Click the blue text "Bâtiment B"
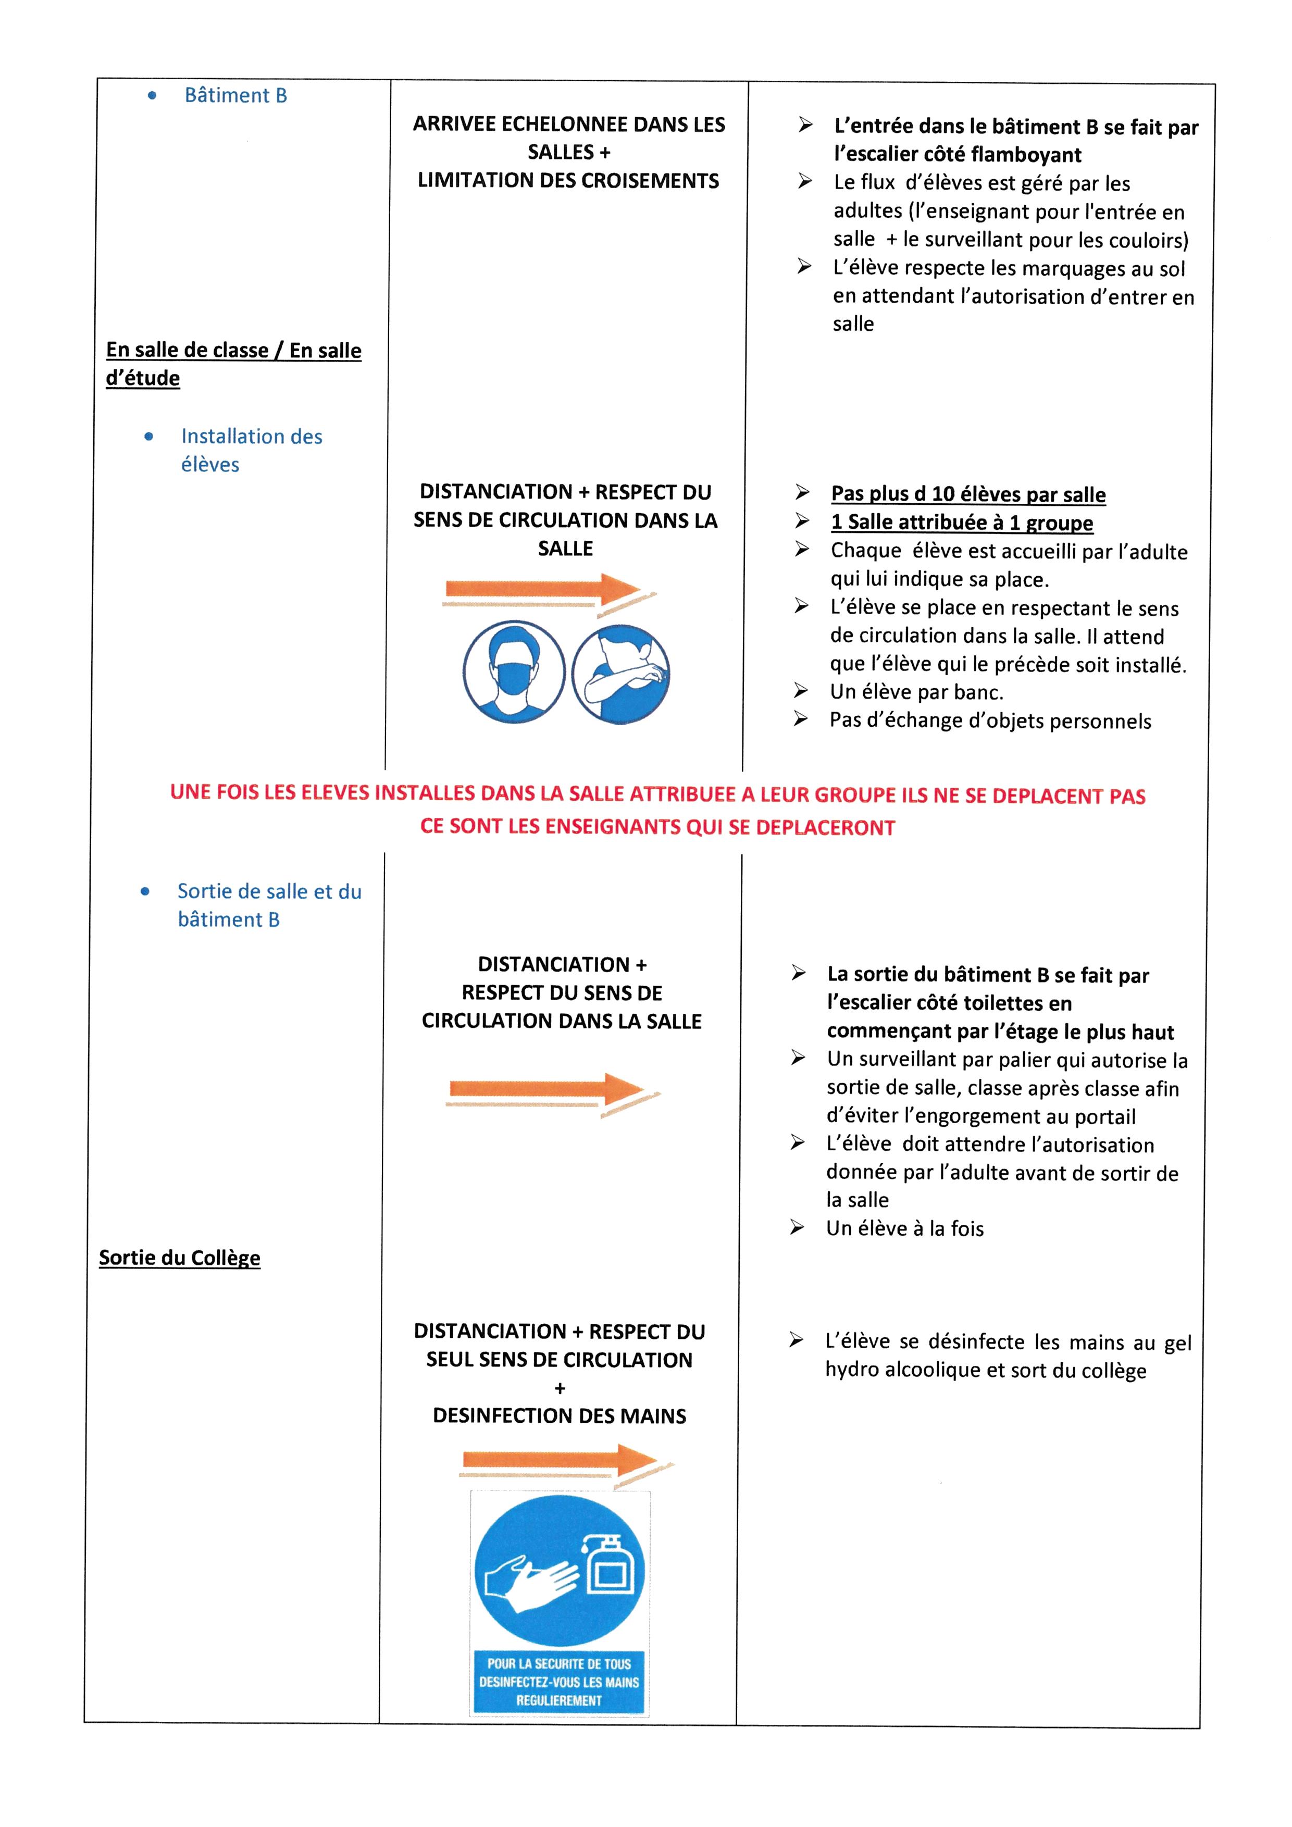pyautogui.click(x=235, y=95)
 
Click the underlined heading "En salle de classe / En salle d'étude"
pyautogui.click(x=233, y=364)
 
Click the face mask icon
pyautogui.click(x=514, y=673)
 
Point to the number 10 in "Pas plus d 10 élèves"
pyautogui.click(x=943, y=494)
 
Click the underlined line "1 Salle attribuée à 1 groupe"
pyautogui.click(x=961, y=523)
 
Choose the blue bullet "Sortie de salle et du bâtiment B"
pyautogui.click(x=268, y=905)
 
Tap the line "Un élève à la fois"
pyautogui.click(x=904, y=1228)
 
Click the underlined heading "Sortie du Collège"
pyautogui.click(x=180, y=1258)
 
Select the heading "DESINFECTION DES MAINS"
pyautogui.click(x=560, y=1416)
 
